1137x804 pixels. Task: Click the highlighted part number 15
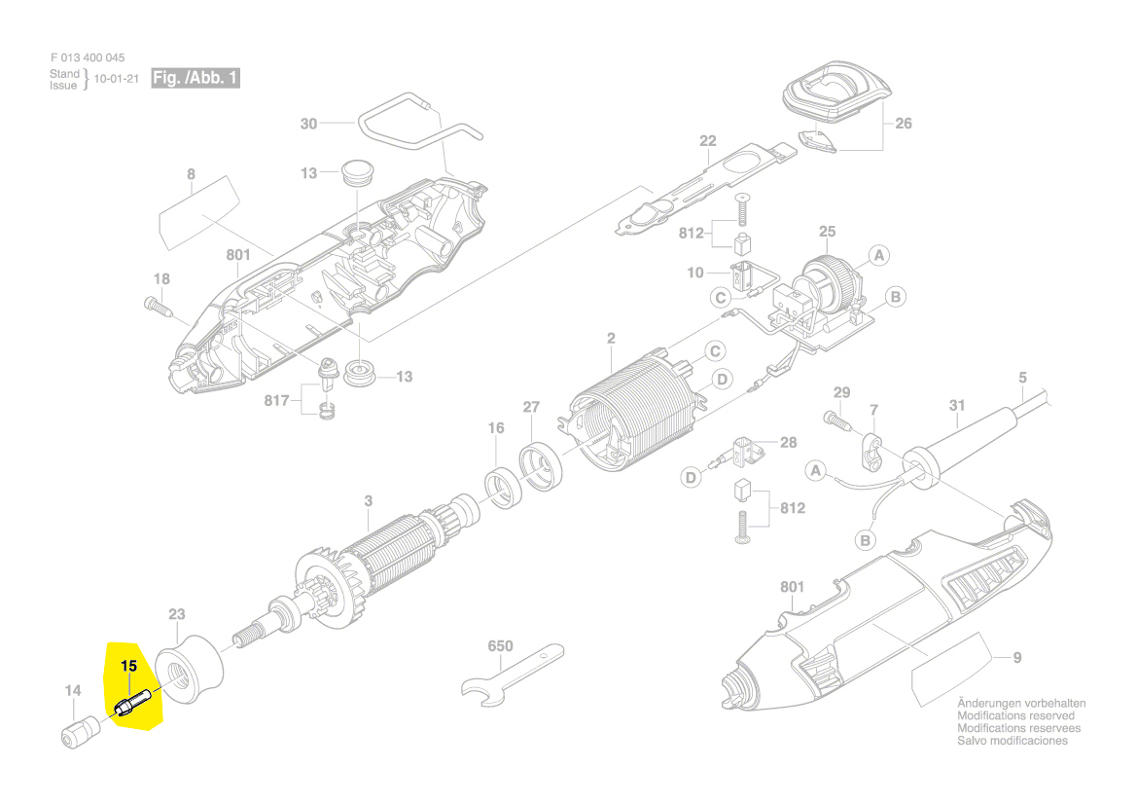coord(129,667)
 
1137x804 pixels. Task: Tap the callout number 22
coord(707,141)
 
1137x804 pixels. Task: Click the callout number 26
coord(903,124)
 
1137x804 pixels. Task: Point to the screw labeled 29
coord(836,420)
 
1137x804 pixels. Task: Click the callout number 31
coord(957,405)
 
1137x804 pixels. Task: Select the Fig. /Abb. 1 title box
coord(195,78)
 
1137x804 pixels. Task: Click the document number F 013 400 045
coord(88,57)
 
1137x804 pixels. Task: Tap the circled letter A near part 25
coord(878,256)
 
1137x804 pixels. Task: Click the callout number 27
coord(531,407)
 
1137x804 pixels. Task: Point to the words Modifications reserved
coord(1015,715)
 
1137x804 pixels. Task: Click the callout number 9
coord(1017,658)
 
